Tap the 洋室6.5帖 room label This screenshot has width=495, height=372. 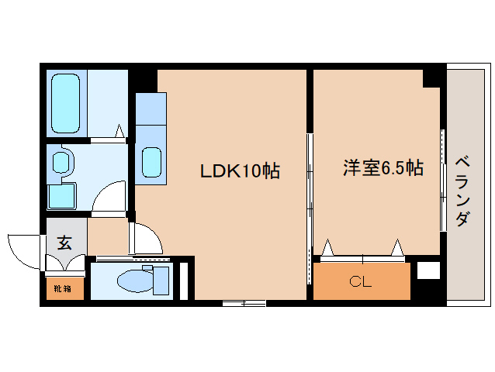tap(383, 167)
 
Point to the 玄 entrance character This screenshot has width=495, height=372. tap(64, 242)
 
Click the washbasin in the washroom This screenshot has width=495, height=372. tap(61, 161)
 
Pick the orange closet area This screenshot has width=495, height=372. tap(362, 281)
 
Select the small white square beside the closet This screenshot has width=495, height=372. tap(427, 272)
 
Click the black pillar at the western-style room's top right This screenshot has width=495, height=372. tap(433, 77)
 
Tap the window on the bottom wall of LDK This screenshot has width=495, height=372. tap(244, 304)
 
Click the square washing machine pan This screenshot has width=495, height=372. tap(61, 195)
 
